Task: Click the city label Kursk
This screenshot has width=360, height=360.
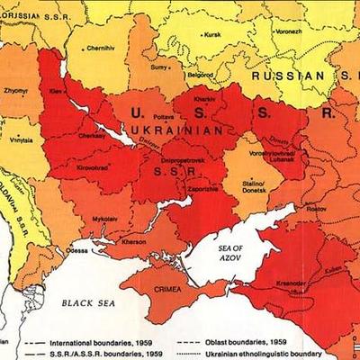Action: (x=212, y=35)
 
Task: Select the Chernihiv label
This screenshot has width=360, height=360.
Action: (x=100, y=47)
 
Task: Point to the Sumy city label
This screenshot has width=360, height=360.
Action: (x=158, y=67)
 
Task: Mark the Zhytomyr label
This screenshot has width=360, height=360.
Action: (x=15, y=91)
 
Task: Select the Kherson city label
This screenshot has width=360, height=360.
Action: (x=132, y=243)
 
